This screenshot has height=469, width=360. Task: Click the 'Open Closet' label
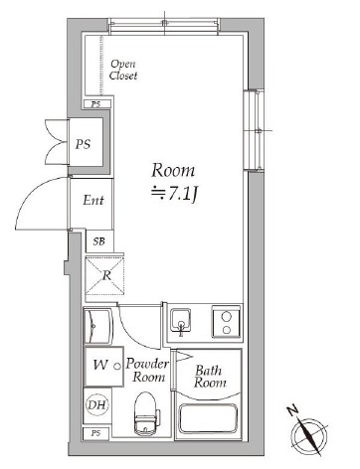(124, 69)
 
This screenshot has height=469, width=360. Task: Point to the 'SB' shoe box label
(98, 241)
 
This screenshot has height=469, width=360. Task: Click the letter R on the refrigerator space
(105, 277)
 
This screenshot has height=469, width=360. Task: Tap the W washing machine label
(99, 366)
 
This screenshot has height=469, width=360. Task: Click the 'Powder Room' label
(145, 371)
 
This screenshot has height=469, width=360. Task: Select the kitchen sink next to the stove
(180, 321)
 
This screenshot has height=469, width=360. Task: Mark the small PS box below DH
(95, 434)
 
